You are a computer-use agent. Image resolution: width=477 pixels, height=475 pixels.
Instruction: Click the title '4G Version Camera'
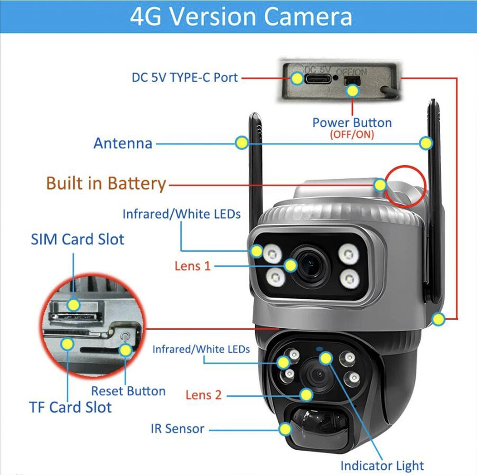point(241,16)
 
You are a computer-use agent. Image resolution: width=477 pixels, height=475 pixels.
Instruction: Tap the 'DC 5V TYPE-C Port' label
point(185,78)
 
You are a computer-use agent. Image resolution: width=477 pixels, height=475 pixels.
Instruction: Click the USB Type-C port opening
point(318,79)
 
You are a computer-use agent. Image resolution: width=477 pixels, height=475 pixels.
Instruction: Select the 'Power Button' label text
point(352,123)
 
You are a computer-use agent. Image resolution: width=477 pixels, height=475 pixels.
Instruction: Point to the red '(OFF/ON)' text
point(352,134)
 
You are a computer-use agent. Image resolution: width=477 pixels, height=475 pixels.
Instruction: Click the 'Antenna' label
point(123,143)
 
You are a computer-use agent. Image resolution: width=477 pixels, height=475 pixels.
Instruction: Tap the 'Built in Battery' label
point(106,183)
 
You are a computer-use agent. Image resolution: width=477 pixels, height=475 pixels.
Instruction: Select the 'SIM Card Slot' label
point(78,240)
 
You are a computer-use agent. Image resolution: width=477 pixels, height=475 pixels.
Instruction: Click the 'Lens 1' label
point(193,266)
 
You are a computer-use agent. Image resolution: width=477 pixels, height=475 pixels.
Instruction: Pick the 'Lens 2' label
point(204,395)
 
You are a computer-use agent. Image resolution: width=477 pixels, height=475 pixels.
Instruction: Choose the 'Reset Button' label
point(128,391)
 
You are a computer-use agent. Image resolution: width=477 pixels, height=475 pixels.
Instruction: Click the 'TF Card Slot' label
point(71,407)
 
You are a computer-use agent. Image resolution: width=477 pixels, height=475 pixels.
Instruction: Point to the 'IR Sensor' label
point(177,429)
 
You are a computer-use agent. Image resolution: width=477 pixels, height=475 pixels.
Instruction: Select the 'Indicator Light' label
point(382,465)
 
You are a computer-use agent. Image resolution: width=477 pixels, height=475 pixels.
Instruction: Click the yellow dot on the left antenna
point(242,142)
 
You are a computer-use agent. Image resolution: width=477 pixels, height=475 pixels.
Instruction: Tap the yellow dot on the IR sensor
point(285,429)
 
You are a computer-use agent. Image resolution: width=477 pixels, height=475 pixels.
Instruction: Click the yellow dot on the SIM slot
point(73,304)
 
